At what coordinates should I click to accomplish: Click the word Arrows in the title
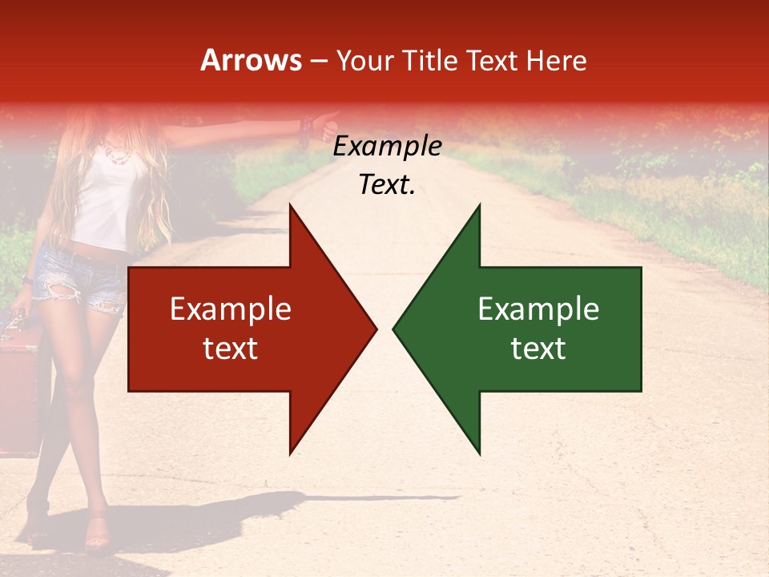tap(252, 60)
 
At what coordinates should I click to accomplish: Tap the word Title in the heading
tap(431, 60)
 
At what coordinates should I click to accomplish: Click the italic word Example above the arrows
tap(388, 147)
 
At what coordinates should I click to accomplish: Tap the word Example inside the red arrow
tap(231, 309)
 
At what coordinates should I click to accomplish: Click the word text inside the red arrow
tap(231, 349)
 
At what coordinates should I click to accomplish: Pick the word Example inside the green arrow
tap(538, 309)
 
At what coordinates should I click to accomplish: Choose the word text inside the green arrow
tap(538, 349)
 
